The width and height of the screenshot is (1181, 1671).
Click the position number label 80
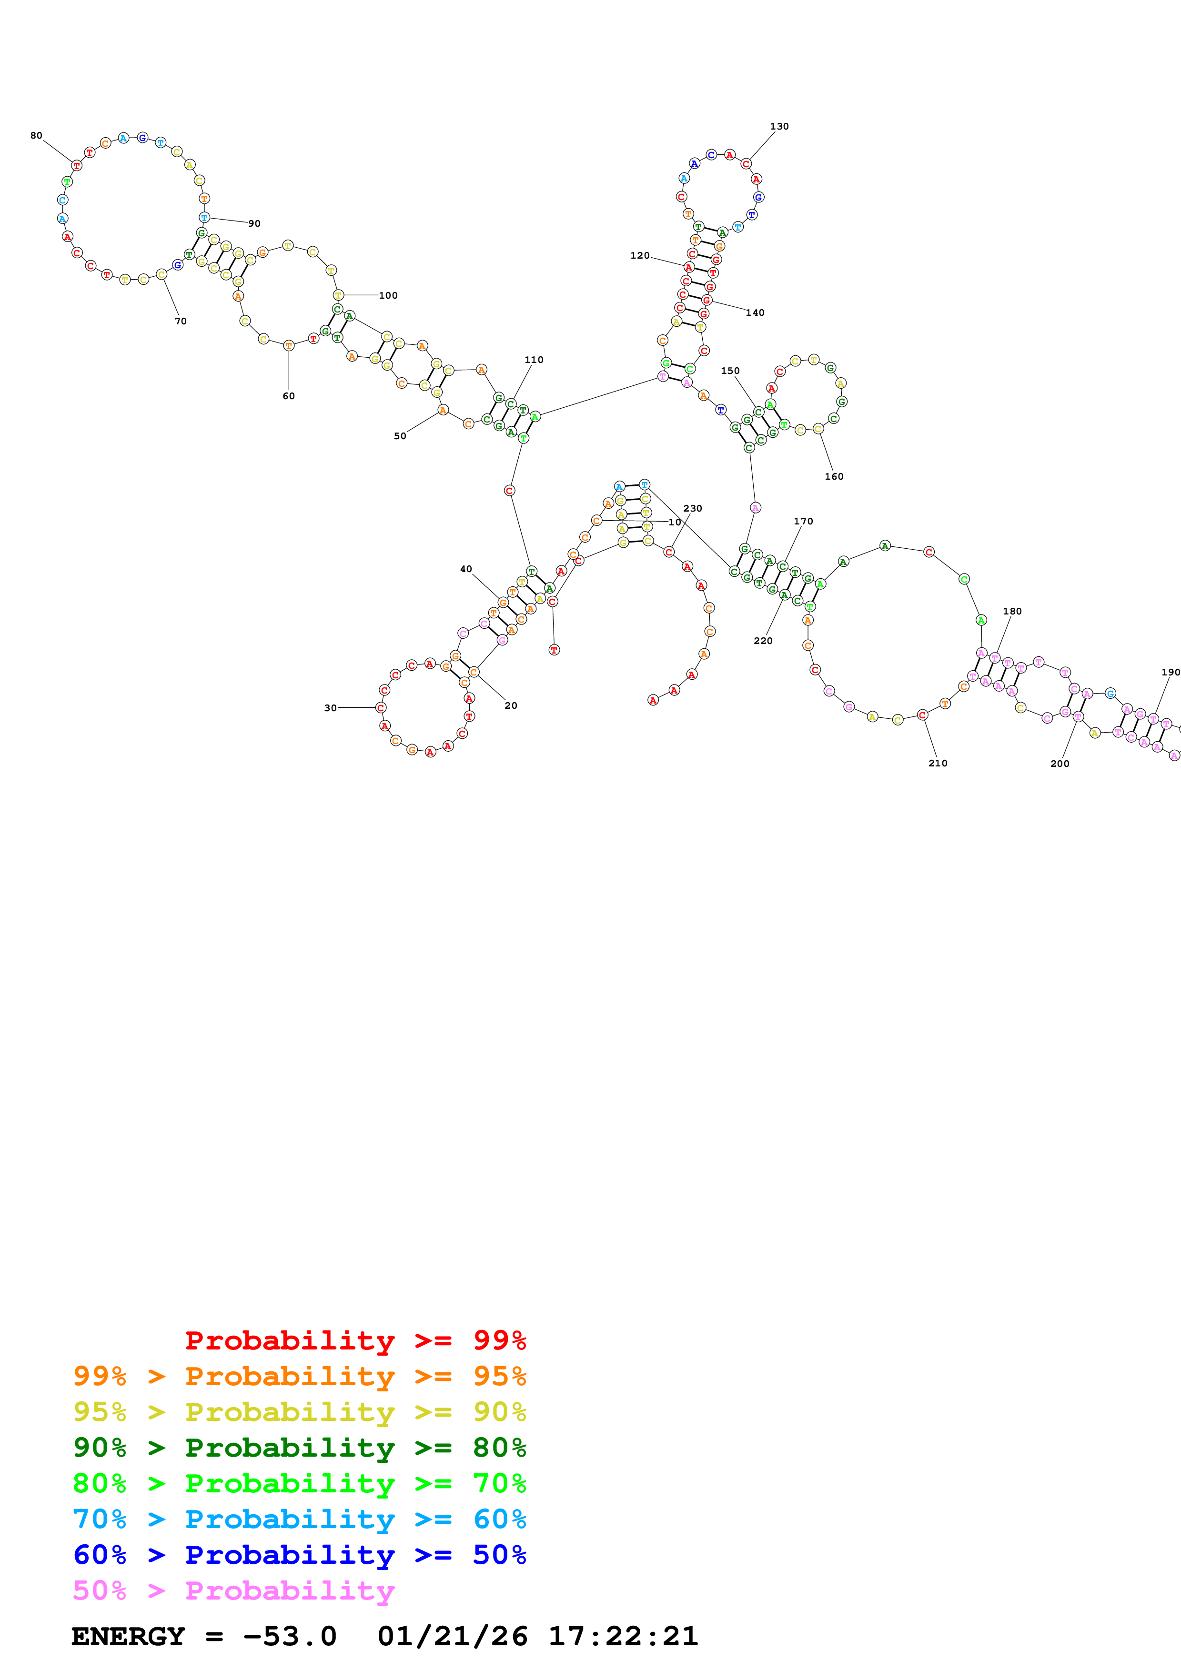(x=36, y=135)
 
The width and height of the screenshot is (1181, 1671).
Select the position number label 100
(x=388, y=295)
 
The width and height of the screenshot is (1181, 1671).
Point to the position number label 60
(x=289, y=396)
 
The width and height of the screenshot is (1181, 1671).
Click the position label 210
(x=938, y=763)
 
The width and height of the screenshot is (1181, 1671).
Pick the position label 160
(x=834, y=477)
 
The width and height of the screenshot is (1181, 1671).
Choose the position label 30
(x=330, y=707)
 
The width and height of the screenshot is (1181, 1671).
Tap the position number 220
(x=763, y=641)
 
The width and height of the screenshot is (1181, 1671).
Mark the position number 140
(x=755, y=313)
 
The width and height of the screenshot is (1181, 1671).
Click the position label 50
(x=400, y=436)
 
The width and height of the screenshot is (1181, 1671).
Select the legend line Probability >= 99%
(x=355, y=1340)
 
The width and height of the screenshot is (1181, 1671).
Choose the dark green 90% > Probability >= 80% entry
(x=299, y=1448)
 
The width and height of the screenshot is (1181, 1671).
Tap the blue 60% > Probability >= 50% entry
(x=299, y=1555)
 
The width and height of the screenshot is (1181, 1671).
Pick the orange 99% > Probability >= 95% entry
(x=299, y=1376)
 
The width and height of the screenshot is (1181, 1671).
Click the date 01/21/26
(x=453, y=1636)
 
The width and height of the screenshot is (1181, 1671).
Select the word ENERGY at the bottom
(x=128, y=1636)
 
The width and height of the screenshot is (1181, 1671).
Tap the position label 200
(x=1060, y=764)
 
